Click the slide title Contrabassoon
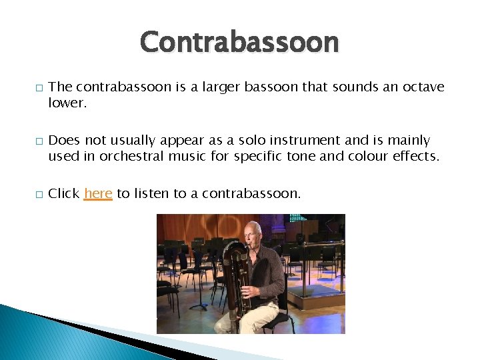pyautogui.click(x=239, y=42)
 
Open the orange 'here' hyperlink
pyautogui.click(x=98, y=193)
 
